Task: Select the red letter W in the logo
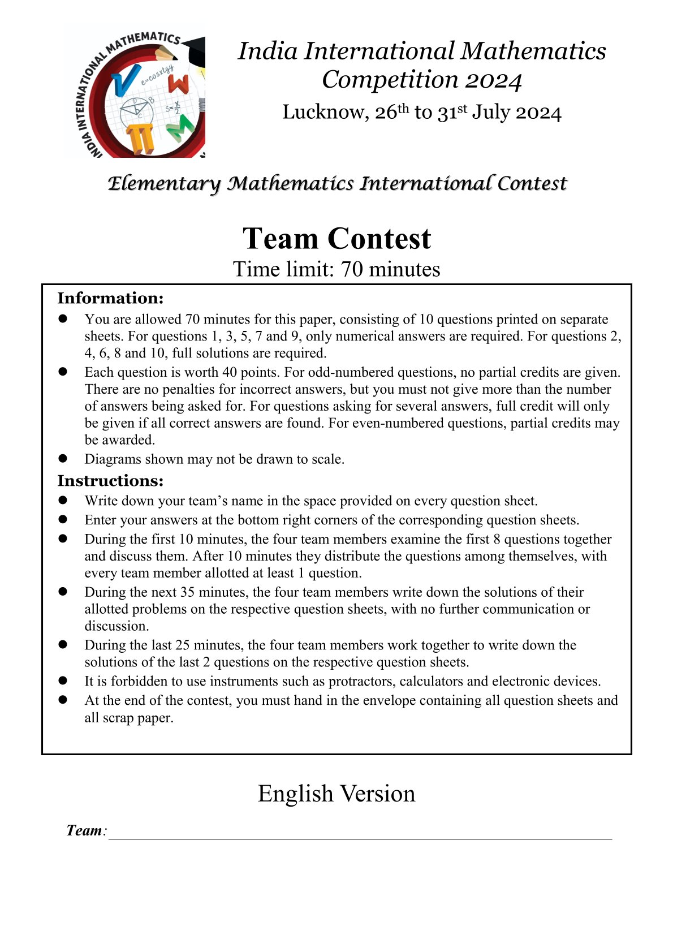click(x=178, y=84)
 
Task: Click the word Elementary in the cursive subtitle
click(x=164, y=184)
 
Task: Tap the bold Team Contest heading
click(x=336, y=238)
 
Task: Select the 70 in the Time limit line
click(x=352, y=269)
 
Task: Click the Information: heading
click(x=110, y=298)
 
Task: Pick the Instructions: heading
click(x=110, y=481)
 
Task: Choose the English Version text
click(x=336, y=794)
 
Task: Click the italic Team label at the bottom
click(x=84, y=830)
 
